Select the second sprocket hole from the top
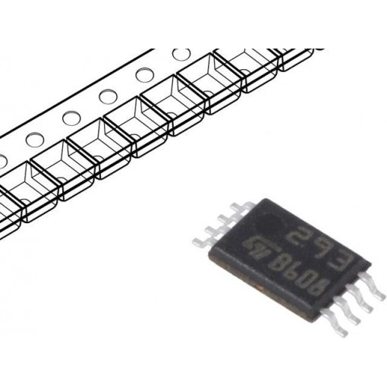pos(143,75)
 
